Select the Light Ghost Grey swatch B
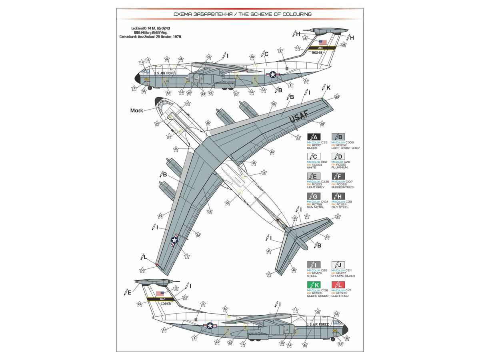tap(338, 137)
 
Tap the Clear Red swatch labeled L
tap(338, 285)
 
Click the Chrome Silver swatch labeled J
tap(338, 265)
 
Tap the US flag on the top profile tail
tap(323, 42)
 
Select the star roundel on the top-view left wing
tap(174, 239)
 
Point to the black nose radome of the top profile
tap(138, 78)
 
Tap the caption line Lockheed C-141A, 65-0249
tap(141, 28)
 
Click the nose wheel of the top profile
tap(150, 88)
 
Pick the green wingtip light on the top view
tap(322, 98)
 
